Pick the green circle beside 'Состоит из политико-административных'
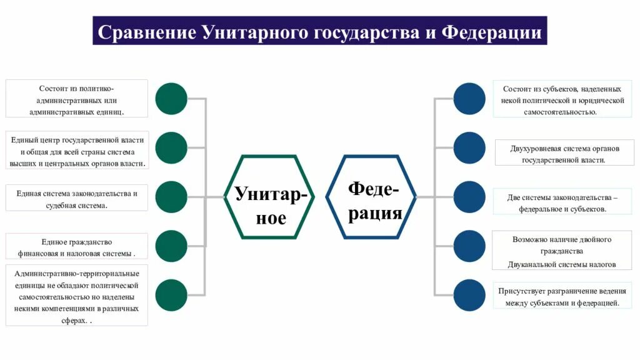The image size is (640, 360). click(171, 99)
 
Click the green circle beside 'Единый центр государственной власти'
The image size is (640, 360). click(171, 148)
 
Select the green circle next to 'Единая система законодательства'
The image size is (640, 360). click(171, 197)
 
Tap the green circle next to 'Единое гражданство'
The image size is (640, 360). click(171, 246)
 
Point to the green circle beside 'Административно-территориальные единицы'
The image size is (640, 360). click(171, 295)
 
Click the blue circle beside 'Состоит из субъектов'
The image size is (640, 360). click(469, 99)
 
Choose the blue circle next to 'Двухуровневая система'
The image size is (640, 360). click(469, 148)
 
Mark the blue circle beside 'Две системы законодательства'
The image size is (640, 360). click(469, 197)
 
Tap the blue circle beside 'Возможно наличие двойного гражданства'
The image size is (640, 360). click(469, 246)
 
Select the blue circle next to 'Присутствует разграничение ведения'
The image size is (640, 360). click(469, 295)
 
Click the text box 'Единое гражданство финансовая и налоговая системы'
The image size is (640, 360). click(77, 247)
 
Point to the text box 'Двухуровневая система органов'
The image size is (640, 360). click(564, 154)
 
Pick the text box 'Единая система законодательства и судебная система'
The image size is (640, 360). click(77, 199)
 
